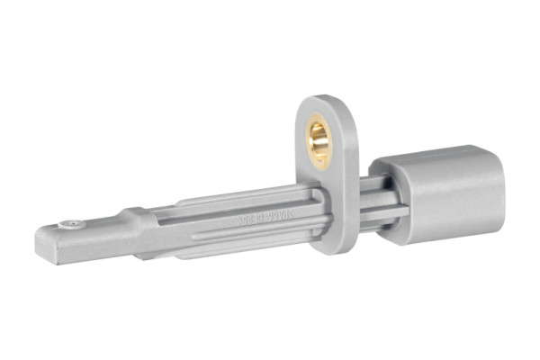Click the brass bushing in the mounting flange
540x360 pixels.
coord(319,139)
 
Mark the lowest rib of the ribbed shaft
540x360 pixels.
coord(243,248)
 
